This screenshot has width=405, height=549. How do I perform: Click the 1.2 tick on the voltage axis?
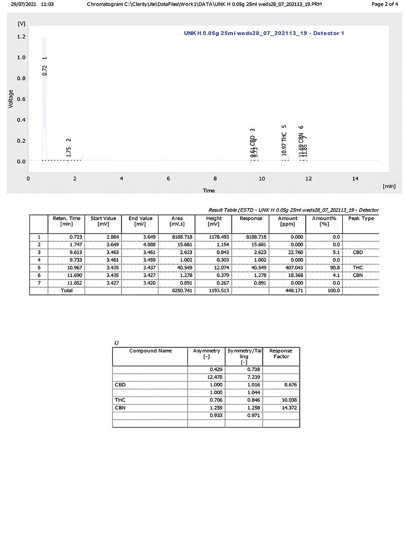(x=21, y=36)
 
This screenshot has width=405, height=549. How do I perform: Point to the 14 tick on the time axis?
(x=355, y=178)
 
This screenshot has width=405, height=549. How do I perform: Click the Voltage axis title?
(x=11, y=99)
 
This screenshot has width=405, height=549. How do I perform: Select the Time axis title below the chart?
(x=209, y=190)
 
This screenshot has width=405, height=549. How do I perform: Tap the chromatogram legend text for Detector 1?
(x=264, y=33)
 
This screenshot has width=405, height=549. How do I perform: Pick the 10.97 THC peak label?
(x=285, y=144)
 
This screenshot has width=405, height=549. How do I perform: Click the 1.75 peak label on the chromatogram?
(x=69, y=151)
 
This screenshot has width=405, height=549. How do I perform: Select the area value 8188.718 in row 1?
(x=182, y=237)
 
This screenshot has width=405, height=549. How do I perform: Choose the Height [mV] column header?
(x=214, y=221)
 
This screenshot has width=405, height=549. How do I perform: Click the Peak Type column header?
(x=360, y=218)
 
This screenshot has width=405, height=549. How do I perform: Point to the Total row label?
(x=66, y=291)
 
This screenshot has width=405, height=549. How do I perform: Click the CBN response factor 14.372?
(x=280, y=408)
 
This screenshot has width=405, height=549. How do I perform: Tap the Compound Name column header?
(x=150, y=350)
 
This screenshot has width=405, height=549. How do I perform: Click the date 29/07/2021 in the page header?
(x=23, y=4)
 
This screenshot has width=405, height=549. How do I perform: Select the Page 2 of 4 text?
(x=385, y=4)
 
